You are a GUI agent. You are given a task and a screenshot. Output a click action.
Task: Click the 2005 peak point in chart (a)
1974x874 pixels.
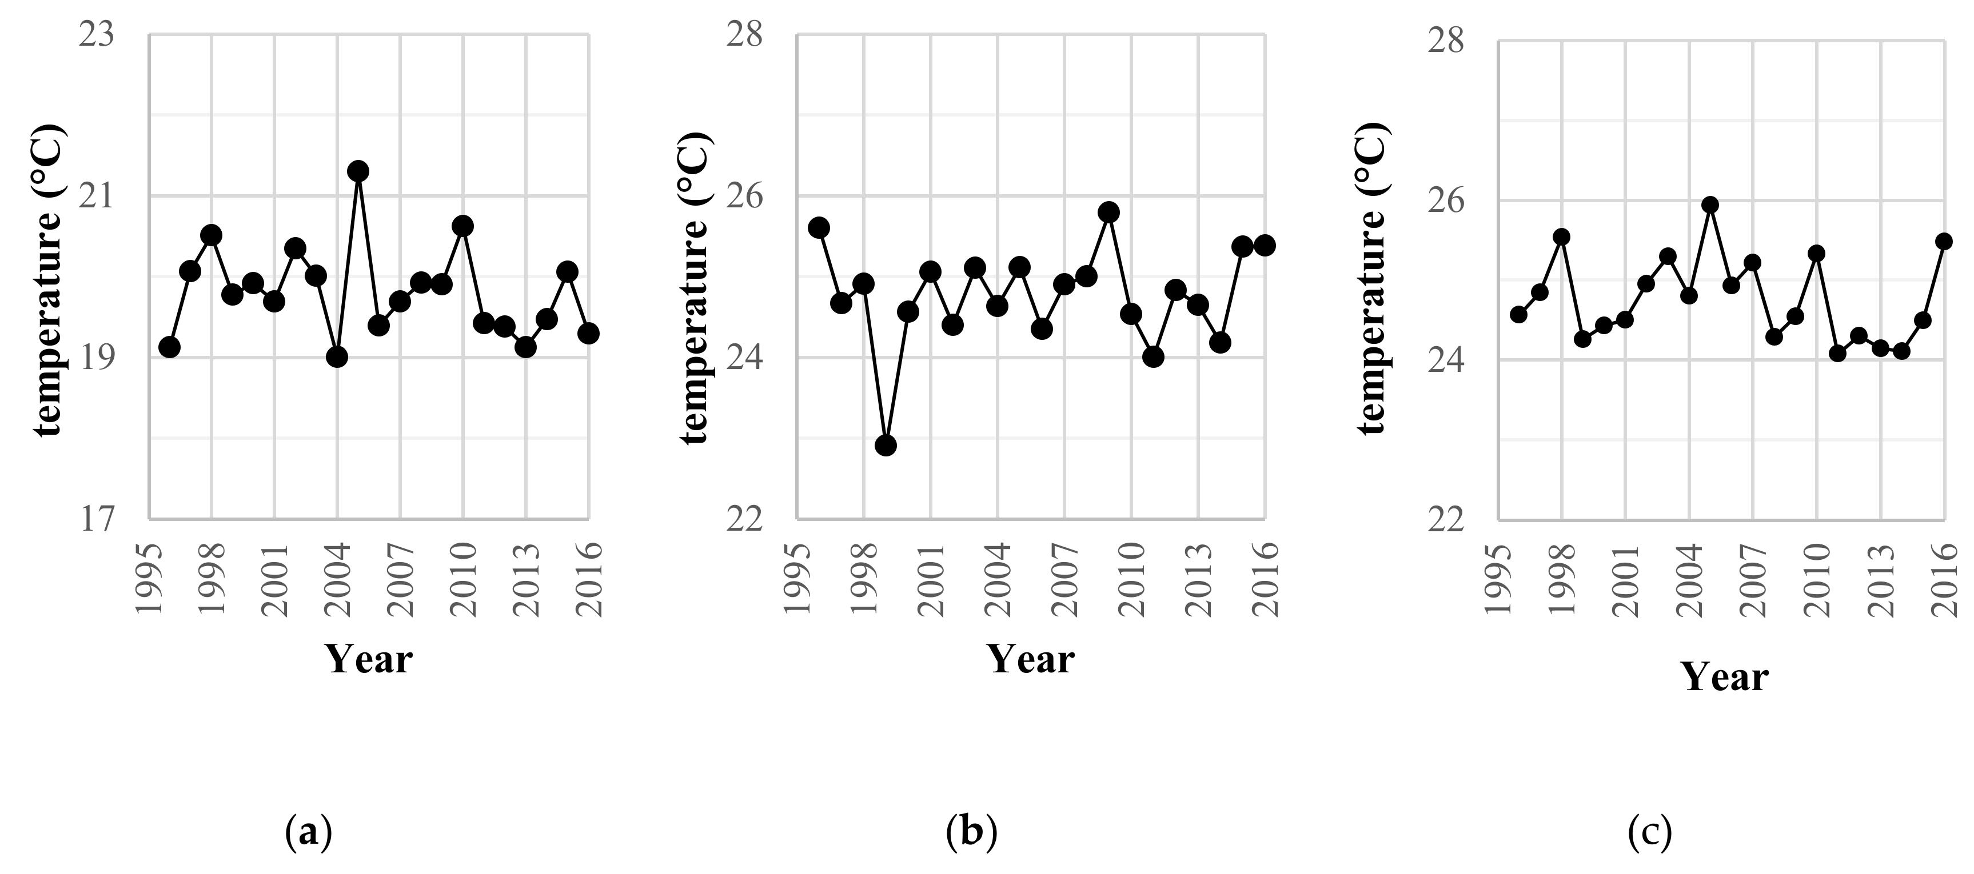[x=358, y=171]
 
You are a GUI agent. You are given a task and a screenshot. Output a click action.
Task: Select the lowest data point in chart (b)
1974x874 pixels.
[x=886, y=445]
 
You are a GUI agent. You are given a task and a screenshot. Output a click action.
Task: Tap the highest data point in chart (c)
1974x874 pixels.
[x=1710, y=205]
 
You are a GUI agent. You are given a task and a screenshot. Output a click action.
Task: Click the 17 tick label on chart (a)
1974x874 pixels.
[x=97, y=519]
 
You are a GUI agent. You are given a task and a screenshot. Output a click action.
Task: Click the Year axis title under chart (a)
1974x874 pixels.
[x=369, y=659]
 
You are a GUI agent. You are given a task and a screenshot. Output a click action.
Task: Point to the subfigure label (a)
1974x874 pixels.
[x=308, y=832]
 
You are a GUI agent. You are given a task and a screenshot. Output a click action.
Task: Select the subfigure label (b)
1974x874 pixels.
[x=972, y=832]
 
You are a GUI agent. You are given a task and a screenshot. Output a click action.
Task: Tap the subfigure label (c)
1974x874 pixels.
[x=1649, y=832]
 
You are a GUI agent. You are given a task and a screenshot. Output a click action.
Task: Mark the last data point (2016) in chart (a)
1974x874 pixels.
[x=588, y=333]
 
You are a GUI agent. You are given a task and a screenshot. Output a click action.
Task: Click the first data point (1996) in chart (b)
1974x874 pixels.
[x=819, y=227]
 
